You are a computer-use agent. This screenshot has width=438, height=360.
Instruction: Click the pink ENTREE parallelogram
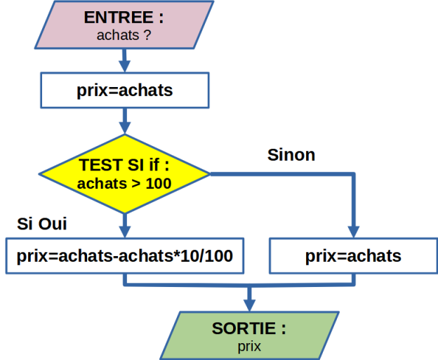point(124,25)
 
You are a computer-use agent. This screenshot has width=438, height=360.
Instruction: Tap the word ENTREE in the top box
point(119,18)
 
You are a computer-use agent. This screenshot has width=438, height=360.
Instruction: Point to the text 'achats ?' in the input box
point(124,35)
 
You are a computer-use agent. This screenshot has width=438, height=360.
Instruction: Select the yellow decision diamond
point(124,174)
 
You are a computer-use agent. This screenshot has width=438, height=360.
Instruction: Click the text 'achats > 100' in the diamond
point(124,183)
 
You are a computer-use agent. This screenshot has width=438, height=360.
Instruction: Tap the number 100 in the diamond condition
point(159,183)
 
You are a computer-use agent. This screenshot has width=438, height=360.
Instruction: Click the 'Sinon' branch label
point(291,154)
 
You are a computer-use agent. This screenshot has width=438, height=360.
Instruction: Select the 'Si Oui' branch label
point(42,223)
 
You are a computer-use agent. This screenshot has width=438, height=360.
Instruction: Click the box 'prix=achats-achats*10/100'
point(125,256)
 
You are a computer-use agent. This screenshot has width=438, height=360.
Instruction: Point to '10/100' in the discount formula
point(206,255)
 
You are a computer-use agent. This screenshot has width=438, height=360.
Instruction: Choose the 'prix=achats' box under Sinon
point(353,256)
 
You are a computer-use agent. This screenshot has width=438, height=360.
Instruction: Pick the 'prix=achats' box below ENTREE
point(125,91)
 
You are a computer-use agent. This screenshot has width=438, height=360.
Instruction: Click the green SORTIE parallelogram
point(249,335)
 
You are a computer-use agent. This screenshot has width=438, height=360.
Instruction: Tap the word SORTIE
point(244,328)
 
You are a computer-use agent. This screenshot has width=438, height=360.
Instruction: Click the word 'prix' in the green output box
point(249,347)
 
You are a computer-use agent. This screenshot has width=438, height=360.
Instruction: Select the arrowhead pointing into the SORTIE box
point(249,305)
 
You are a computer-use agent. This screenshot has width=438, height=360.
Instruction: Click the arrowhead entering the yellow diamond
point(125,128)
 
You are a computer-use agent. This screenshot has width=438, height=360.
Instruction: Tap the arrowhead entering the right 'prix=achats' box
point(354,232)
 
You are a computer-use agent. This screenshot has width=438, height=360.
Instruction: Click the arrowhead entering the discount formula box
point(125,232)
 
